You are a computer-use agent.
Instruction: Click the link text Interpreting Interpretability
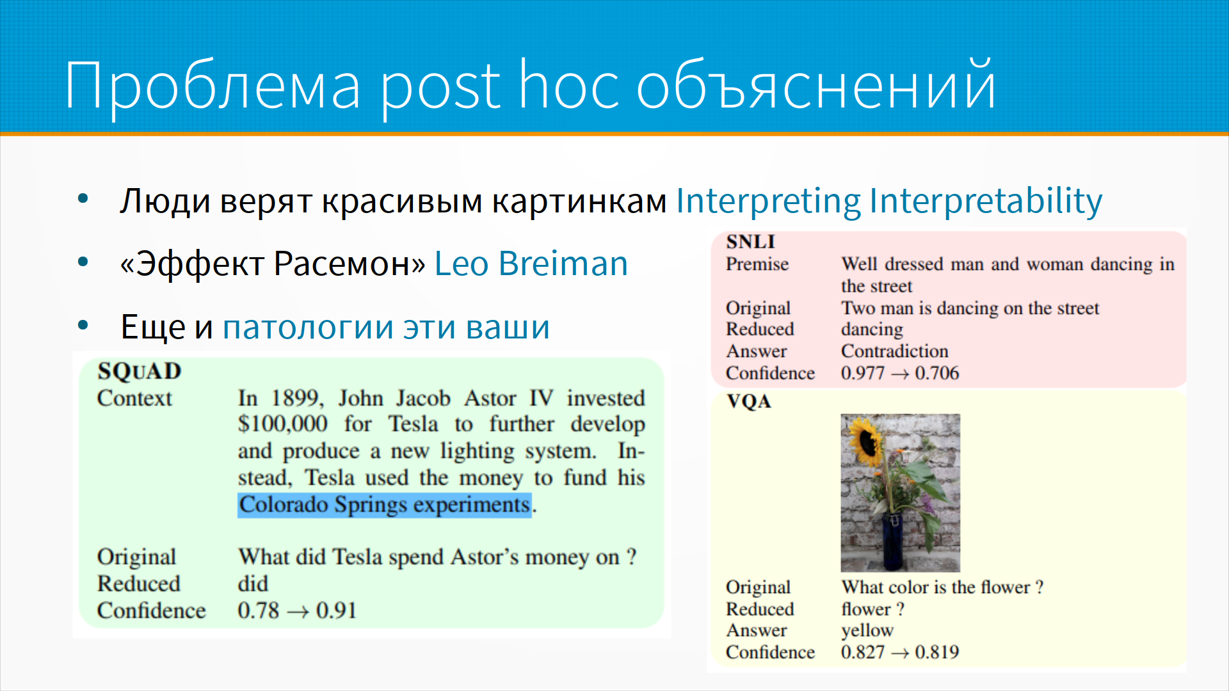click(889, 201)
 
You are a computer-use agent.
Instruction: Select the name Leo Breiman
click(531, 263)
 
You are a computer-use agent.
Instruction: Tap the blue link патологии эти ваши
click(386, 327)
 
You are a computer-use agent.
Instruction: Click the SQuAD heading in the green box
click(140, 371)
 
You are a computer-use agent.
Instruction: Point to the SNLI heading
click(750, 242)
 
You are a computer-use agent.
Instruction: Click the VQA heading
click(749, 401)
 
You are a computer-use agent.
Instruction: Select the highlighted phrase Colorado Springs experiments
click(385, 505)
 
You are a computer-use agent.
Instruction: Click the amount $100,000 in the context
click(282, 424)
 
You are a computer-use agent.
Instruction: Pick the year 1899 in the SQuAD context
click(296, 399)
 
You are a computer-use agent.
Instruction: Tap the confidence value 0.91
click(336, 610)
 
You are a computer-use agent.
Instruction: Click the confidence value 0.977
click(863, 373)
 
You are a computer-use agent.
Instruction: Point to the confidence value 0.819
click(937, 652)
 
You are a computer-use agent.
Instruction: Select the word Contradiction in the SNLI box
click(895, 351)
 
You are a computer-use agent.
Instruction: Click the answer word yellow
click(867, 631)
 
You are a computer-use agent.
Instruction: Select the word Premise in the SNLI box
click(757, 264)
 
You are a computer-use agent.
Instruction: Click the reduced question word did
click(253, 584)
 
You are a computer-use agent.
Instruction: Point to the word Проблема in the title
click(213, 85)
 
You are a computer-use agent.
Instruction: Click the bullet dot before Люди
click(83, 199)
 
